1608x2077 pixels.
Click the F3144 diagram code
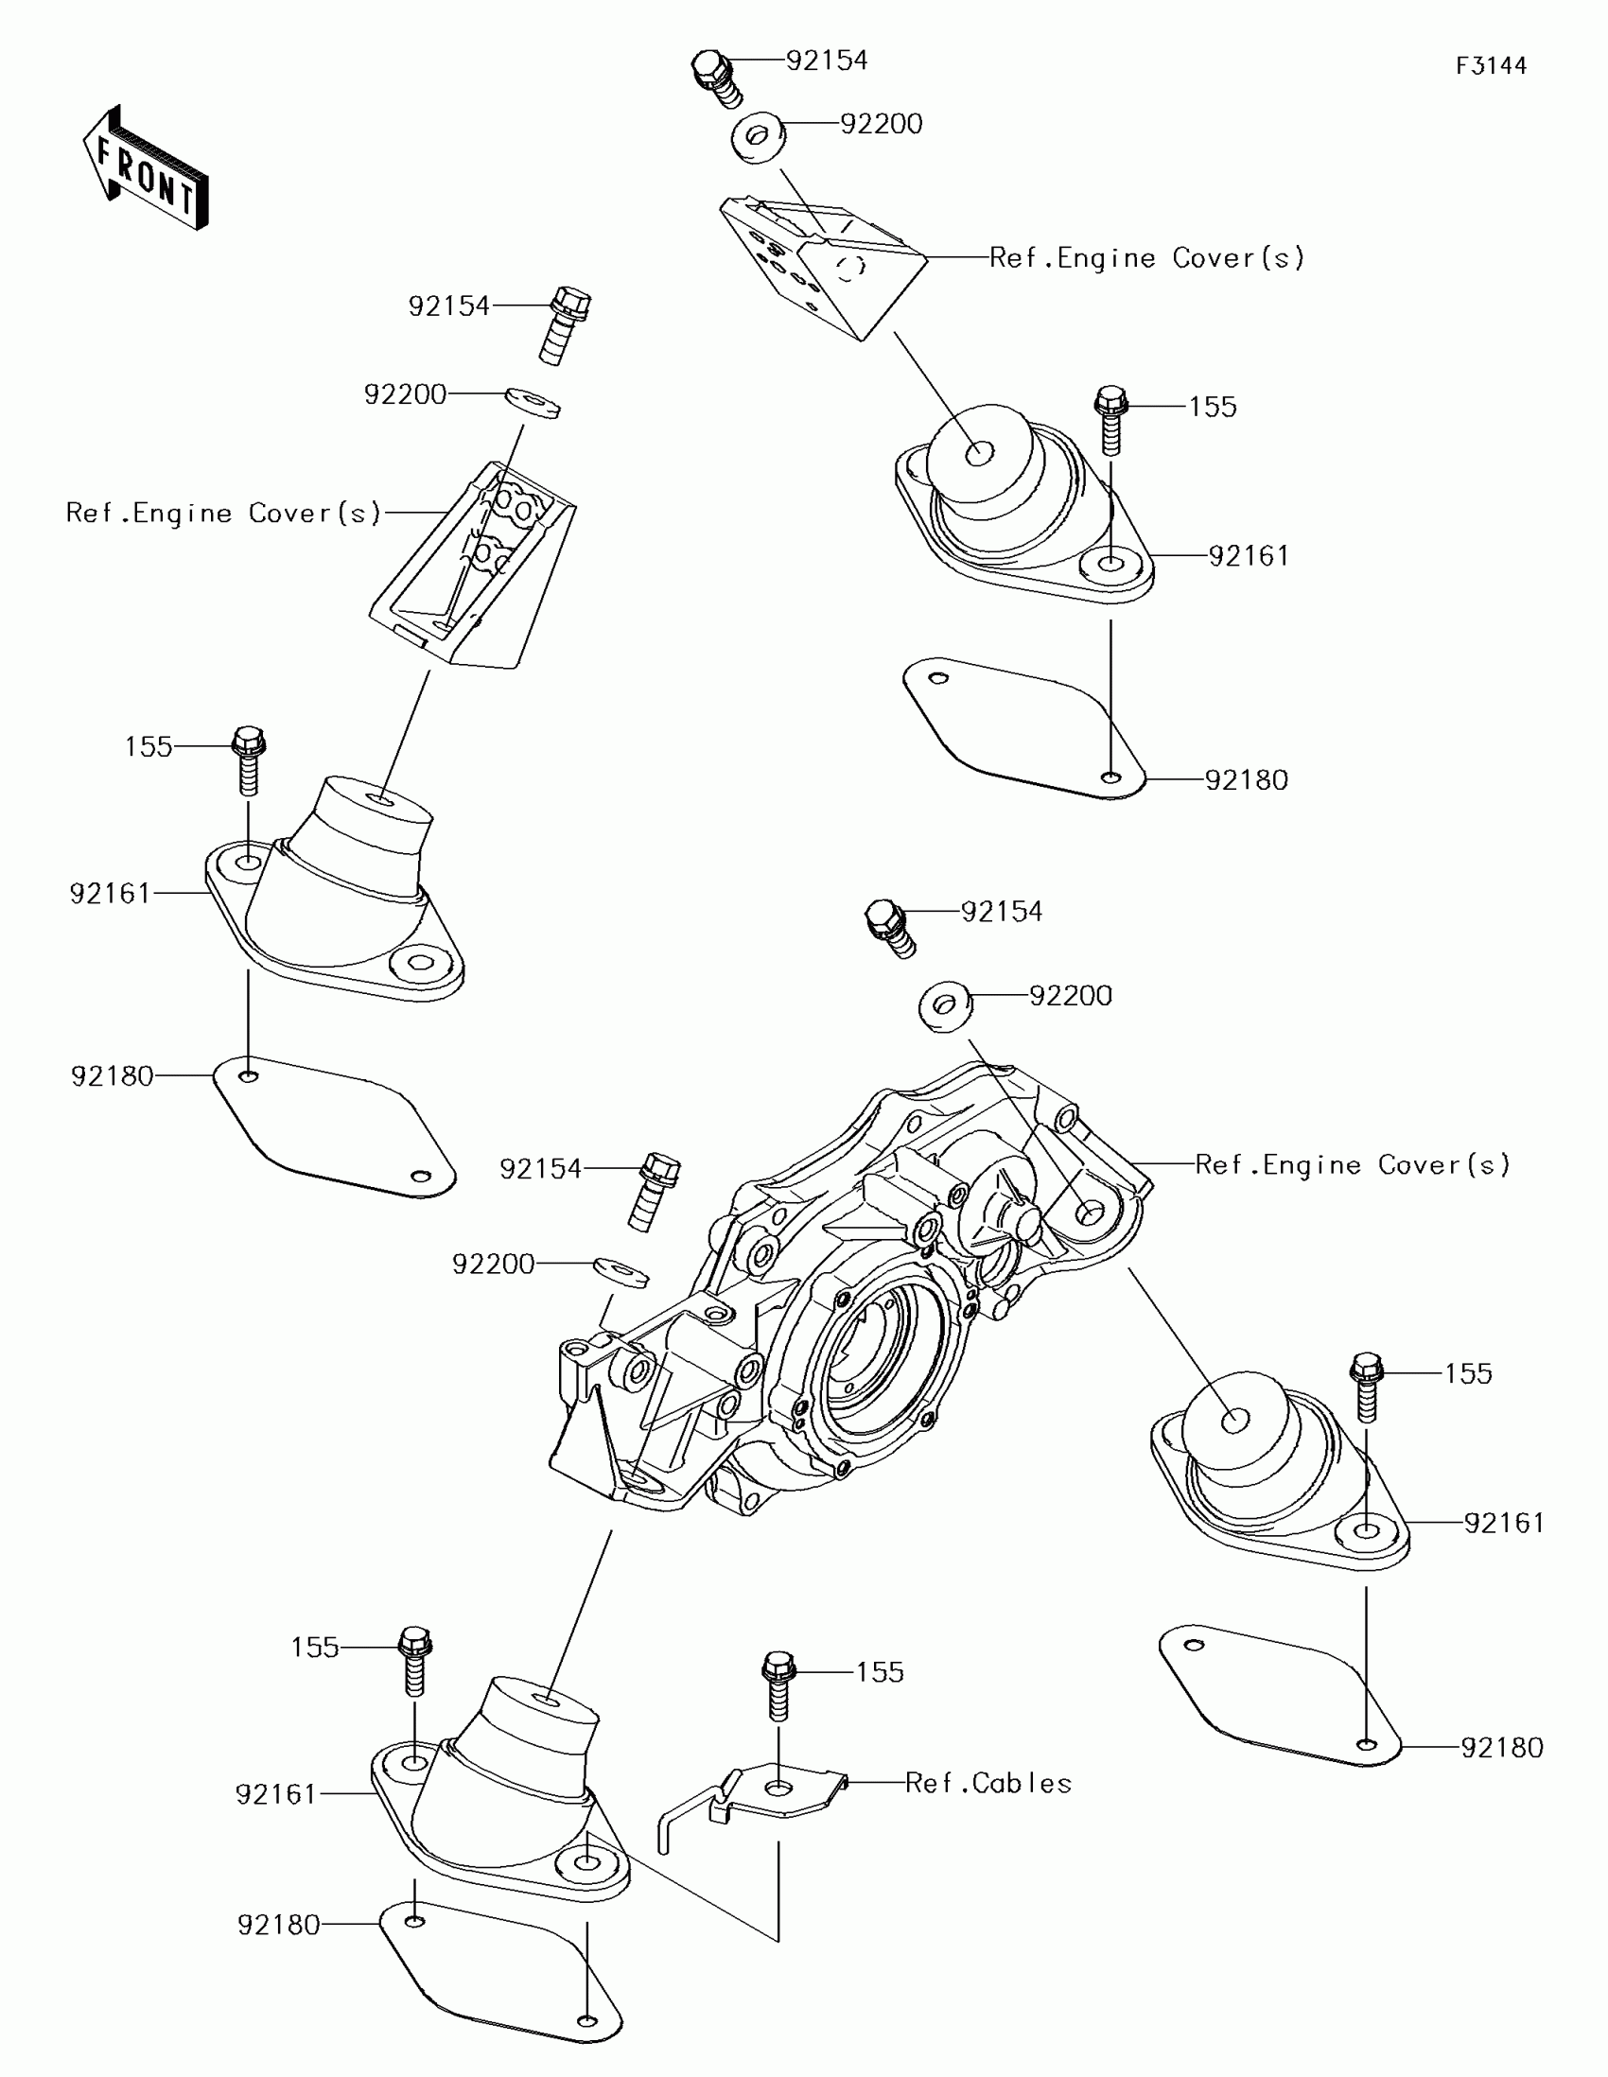click(1490, 65)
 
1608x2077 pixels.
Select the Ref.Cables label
click(988, 1783)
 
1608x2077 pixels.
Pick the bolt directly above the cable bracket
click(778, 1685)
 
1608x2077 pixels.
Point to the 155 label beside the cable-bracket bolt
click(880, 1673)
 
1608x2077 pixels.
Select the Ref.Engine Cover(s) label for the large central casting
click(1353, 1165)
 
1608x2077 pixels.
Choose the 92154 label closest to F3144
click(827, 61)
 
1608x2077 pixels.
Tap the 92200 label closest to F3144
click(881, 125)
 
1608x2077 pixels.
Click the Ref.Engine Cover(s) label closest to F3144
click(1146, 257)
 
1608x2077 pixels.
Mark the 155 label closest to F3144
click(1213, 407)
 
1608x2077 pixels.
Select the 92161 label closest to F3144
click(1249, 556)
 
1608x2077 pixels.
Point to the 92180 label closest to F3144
click(1247, 781)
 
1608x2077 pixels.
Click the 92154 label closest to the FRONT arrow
click(449, 306)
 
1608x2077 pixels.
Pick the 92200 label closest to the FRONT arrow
click(405, 394)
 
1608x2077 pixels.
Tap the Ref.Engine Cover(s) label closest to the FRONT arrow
click(223, 514)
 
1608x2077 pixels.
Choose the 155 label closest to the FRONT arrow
click(149, 746)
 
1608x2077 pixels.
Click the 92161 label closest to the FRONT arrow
click(111, 894)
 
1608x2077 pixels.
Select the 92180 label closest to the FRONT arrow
click(113, 1076)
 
